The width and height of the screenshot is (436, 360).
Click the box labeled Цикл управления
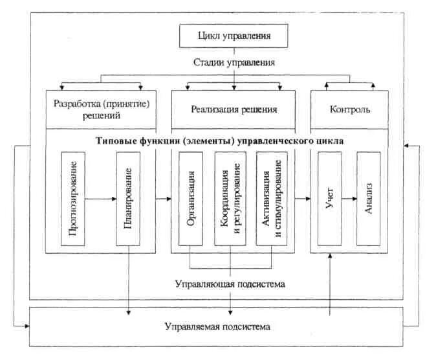[234, 36]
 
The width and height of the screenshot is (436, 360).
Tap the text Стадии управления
[234, 63]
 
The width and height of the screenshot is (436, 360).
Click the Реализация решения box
[234, 109]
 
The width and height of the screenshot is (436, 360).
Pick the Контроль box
[350, 109]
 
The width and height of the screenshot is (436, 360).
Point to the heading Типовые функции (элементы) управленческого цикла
[221, 140]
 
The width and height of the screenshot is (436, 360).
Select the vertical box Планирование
[129, 199]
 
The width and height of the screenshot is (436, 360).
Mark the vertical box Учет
[329, 199]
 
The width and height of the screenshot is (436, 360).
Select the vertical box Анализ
[368, 199]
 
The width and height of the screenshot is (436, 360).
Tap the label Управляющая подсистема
[230, 284]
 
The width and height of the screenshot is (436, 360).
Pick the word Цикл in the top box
[210, 36]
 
